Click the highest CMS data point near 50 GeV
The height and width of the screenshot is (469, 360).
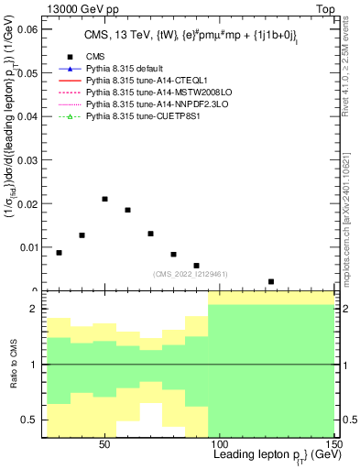pos(105,199)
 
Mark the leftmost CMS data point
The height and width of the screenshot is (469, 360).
pos(60,253)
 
